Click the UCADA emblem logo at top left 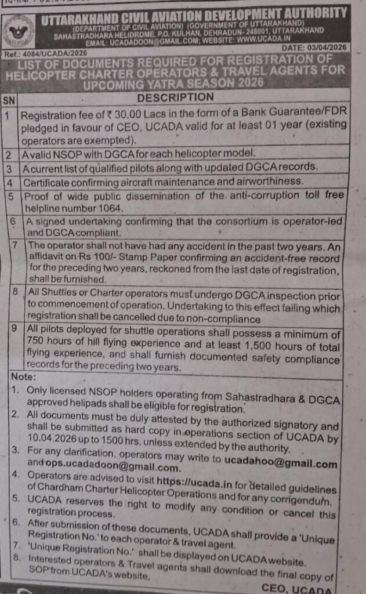(19, 30)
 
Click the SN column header (9, 99)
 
